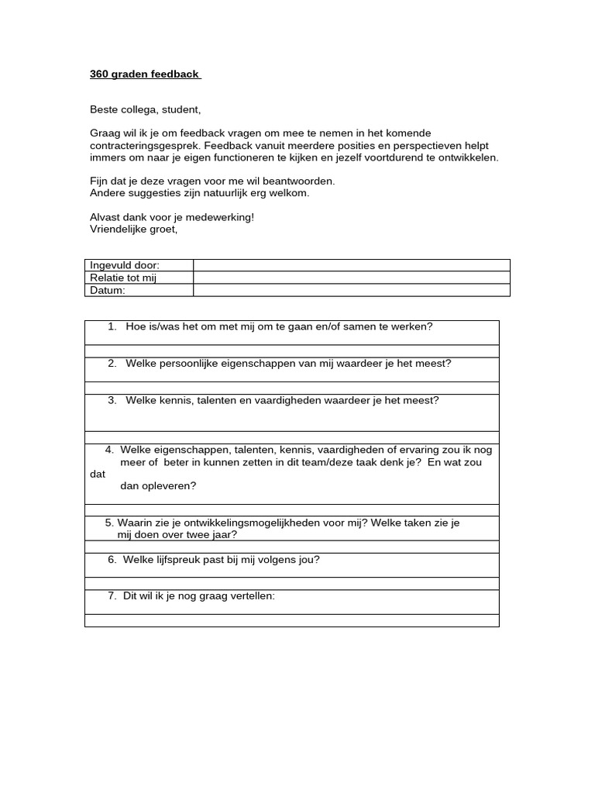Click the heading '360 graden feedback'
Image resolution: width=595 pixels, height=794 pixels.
click(144, 75)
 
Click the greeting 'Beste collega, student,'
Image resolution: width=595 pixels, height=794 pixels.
click(145, 110)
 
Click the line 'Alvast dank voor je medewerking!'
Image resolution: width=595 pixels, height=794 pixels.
click(172, 217)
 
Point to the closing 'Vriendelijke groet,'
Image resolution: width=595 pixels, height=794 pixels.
click(134, 229)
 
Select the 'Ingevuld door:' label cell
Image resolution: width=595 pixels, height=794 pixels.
click(125, 265)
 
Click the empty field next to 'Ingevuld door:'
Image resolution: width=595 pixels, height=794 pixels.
click(351, 265)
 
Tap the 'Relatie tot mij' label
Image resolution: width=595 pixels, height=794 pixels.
click(123, 278)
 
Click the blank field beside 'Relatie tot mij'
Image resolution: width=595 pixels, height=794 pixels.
click(351, 278)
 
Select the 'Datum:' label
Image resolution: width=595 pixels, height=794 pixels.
click(108, 290)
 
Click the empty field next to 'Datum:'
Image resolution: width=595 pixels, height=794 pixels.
click(351, 290)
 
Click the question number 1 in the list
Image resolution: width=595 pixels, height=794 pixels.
click(113, 326)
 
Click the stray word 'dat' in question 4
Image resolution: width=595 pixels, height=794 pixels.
click(98, 474)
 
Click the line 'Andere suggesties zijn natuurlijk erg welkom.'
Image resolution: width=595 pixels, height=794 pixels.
click(200, 193)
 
